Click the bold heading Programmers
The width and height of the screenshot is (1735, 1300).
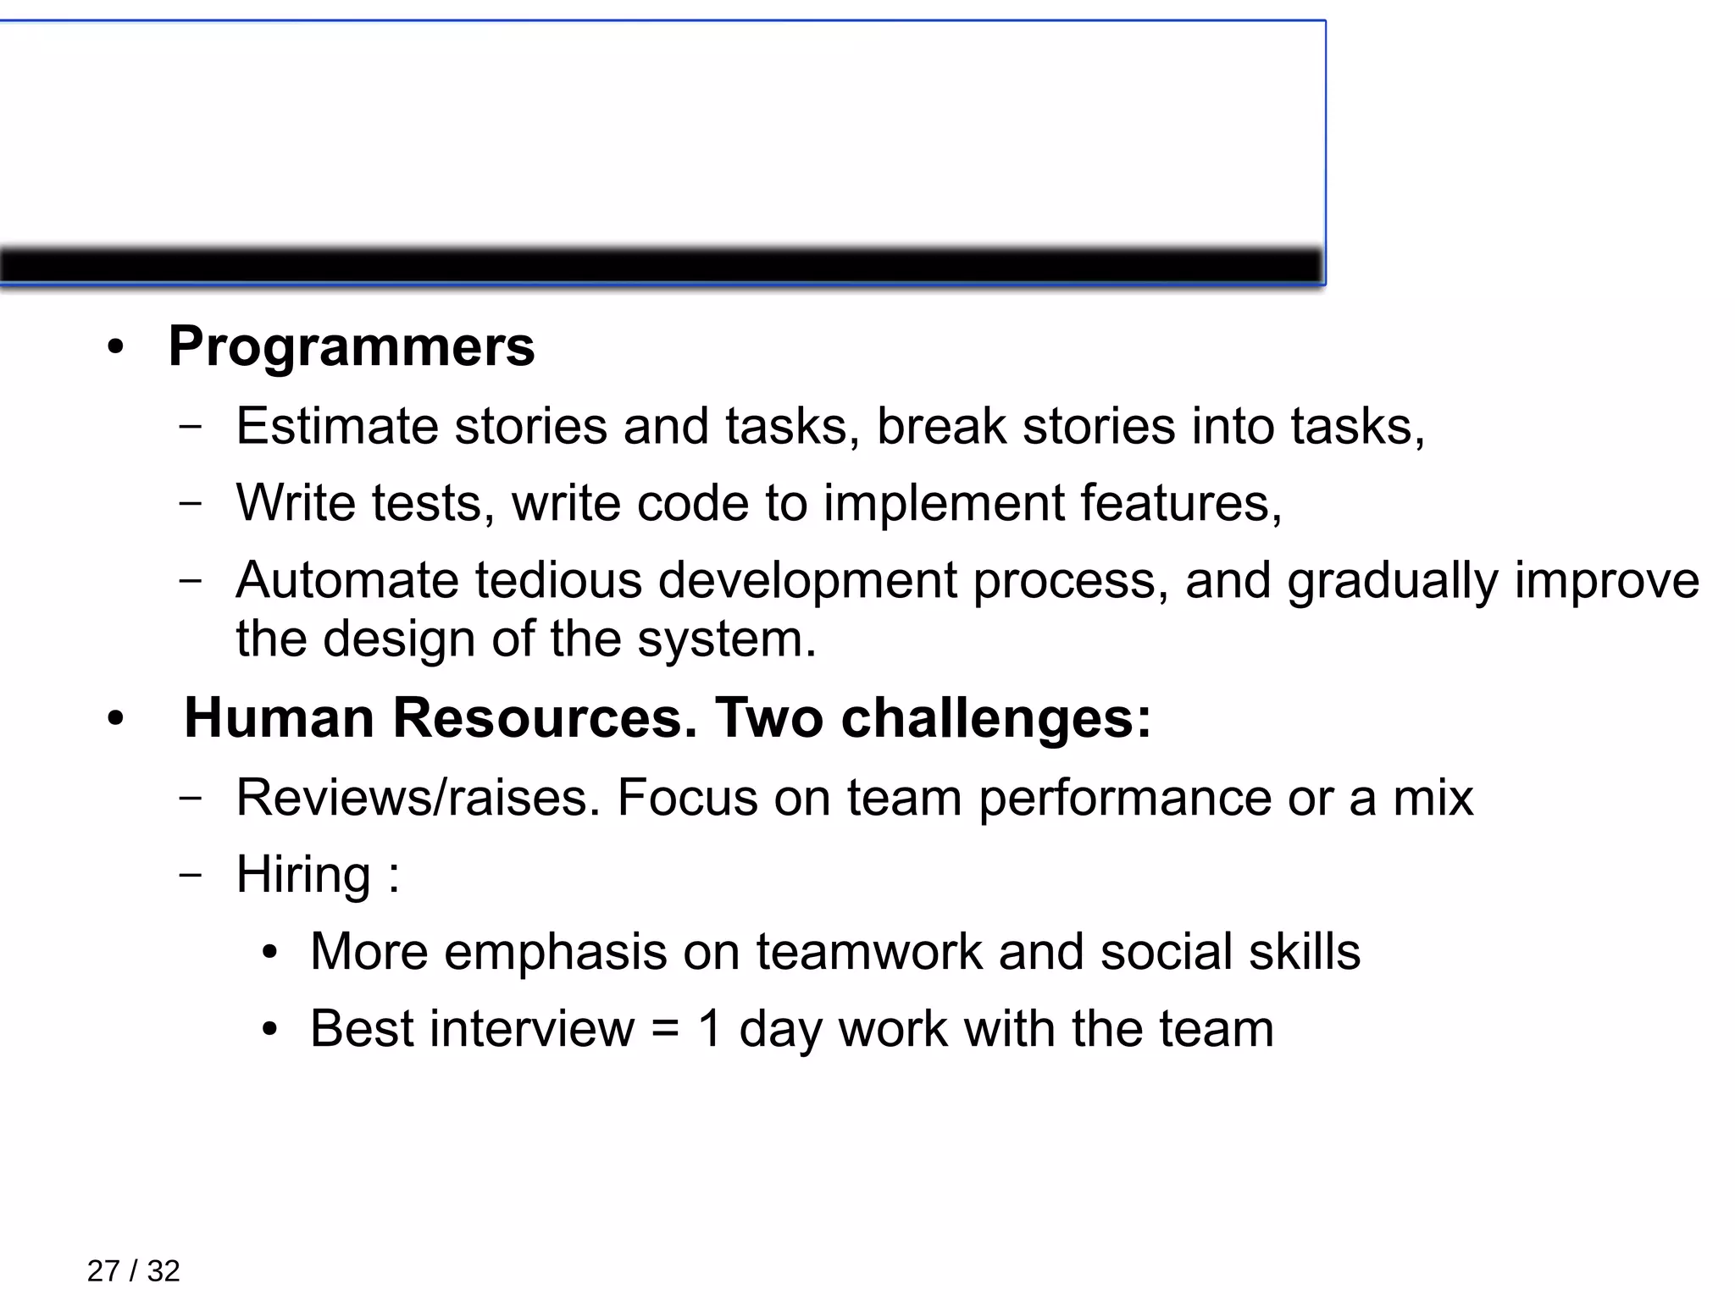click(x=351, y=347)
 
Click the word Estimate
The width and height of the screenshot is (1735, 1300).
click(x=337, y=426)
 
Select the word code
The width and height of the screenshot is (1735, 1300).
click(x=692, y=503)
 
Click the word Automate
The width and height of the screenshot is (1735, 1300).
click(x=346, y=581)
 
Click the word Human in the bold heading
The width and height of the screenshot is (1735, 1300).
click(x=279, y=718)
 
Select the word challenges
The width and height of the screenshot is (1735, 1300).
click(x=995, y=718)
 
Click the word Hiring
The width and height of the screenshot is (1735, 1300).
click(x=302, y=875)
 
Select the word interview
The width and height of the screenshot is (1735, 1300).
click(x=531, y=1029)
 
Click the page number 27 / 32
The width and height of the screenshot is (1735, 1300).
click(x=133, y=1271)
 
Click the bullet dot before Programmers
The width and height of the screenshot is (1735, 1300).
click(x=116, y=348)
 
